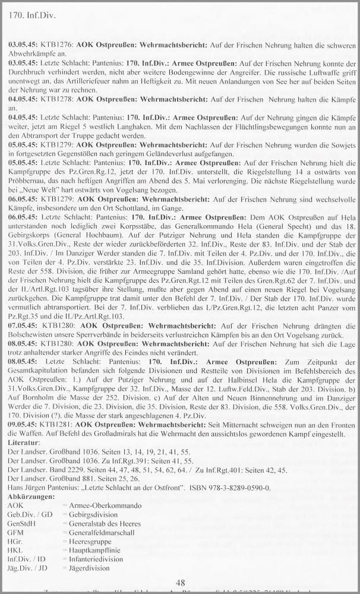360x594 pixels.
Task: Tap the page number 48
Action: point(180,582)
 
